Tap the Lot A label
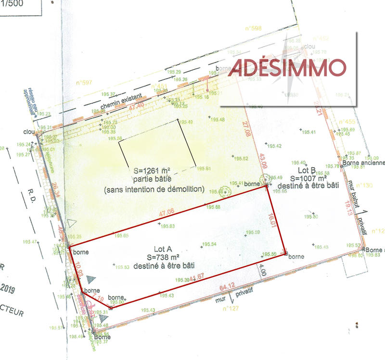pos(163,249)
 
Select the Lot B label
pos(307,170)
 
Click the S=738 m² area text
pos(163,257)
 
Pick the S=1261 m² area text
pos(153,171)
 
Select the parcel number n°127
pos(230,309)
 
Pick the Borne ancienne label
pos(364,163)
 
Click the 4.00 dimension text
pos(263,270)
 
